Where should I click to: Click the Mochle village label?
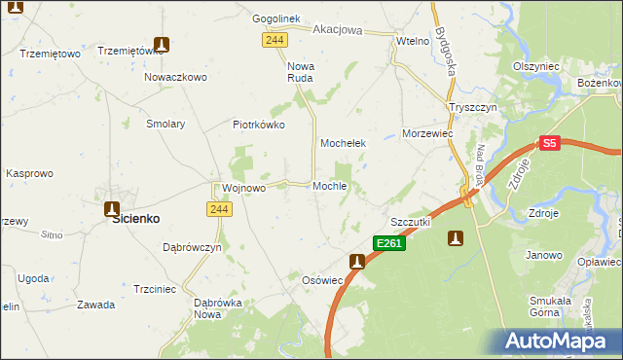(x=330, y=186)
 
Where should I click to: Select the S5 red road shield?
(x=550, y=143)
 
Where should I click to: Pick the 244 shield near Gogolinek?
(x=274, y=38)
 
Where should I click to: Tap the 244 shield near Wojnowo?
(x=218, y=210)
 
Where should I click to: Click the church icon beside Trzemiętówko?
(x=162, y=45)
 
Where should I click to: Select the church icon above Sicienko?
(x=112, y=208)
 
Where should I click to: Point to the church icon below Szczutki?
(x=455, y=237)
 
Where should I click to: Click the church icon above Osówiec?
(x=357, y=261)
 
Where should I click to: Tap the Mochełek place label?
(x=343, y=143)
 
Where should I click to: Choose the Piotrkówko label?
(x=258, y=125)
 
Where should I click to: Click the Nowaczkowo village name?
(x=176, y=76)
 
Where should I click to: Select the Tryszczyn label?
(x=473, y=107)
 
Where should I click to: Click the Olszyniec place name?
(x=535, y=65)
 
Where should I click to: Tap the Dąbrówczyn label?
(x=193, y=247)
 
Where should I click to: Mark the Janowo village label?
(x=544, y=255)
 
